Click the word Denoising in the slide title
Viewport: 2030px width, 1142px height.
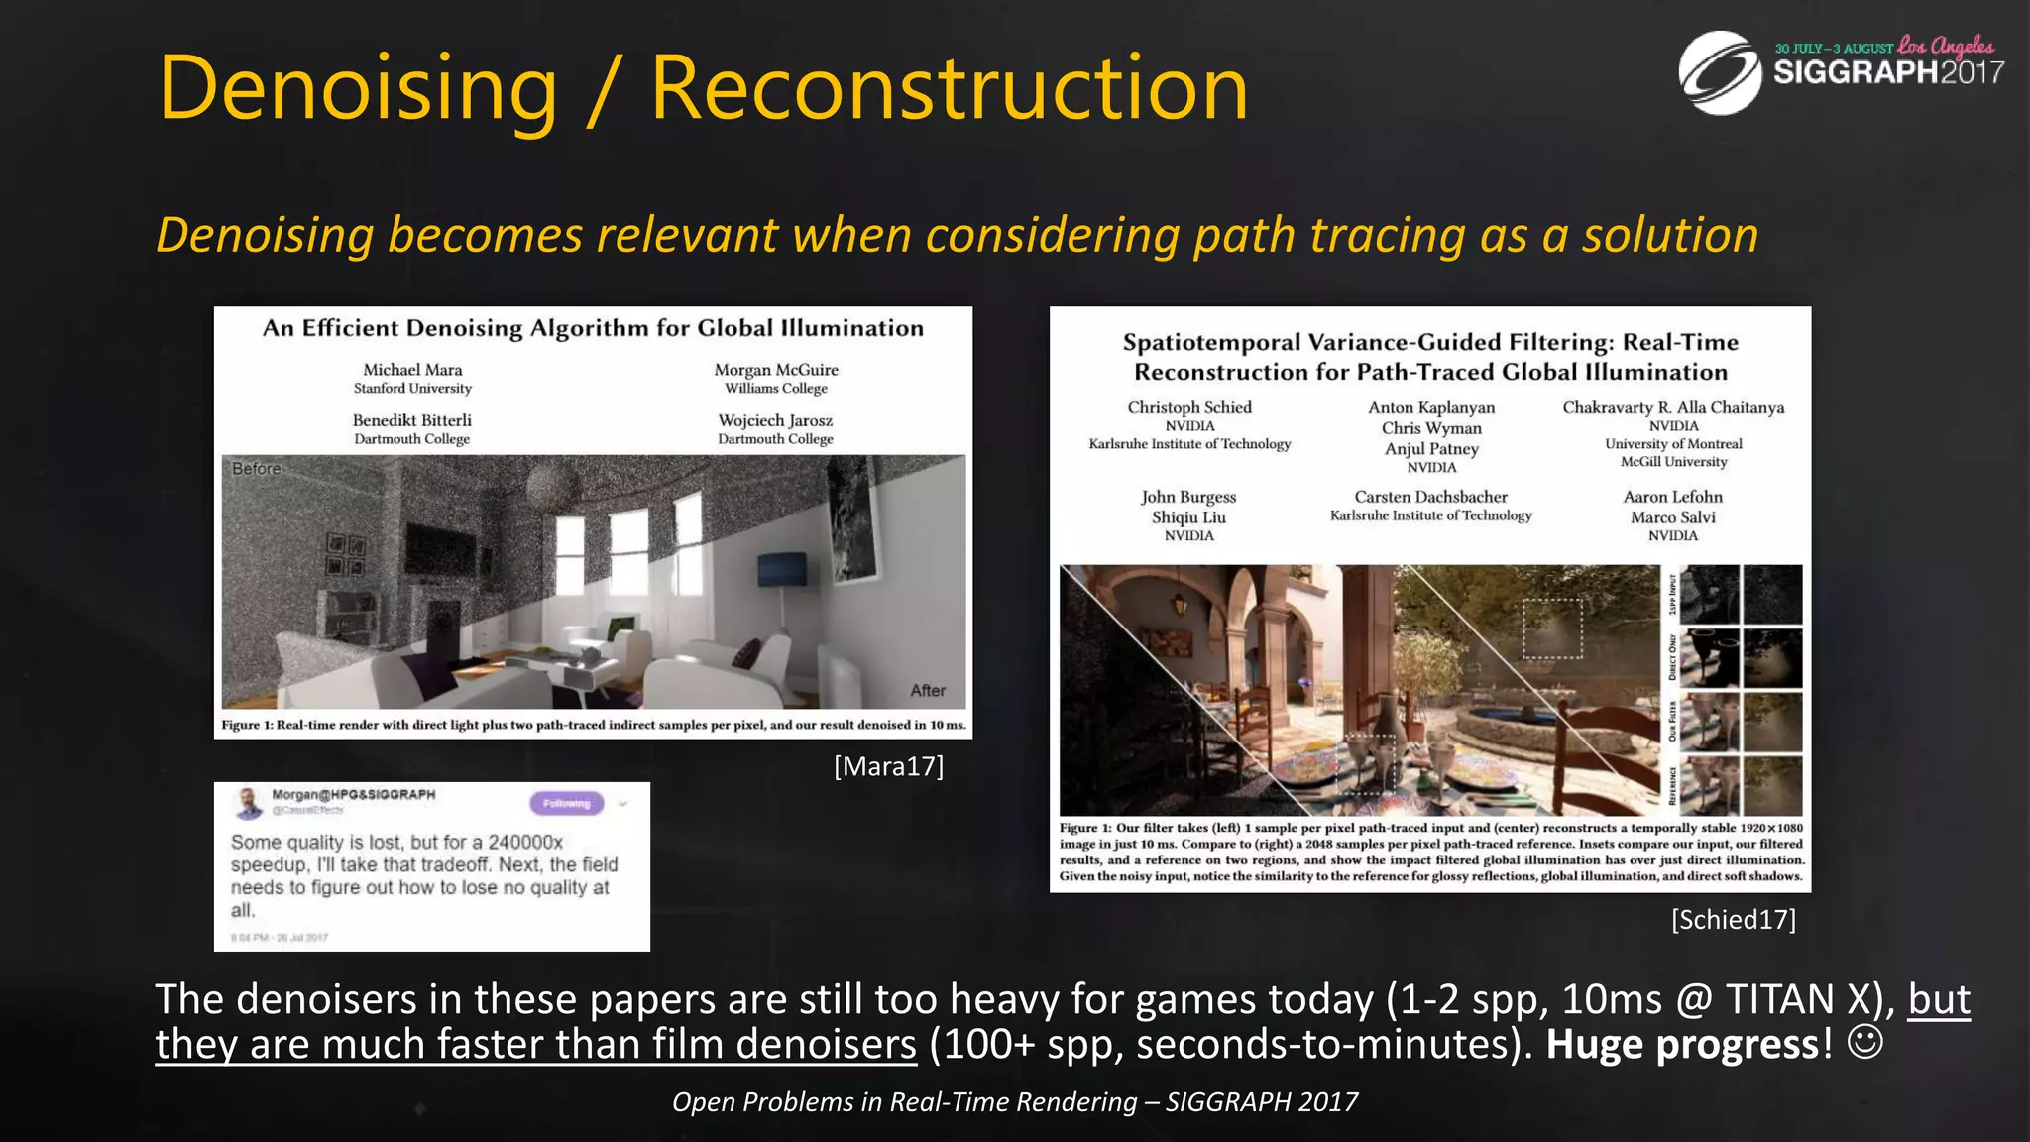[x=358, y=89]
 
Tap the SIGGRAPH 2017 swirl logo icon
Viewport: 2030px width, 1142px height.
[x=1719, y=73]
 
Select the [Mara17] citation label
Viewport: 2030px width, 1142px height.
[x=888, y=766]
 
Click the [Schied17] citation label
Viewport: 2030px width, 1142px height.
[x=1733, y=920]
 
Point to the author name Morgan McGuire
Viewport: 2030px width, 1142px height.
[x=776, y=370]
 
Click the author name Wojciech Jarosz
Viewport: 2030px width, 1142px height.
[x=775, y=420]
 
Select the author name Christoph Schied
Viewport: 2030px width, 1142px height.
[x=1189, y=407]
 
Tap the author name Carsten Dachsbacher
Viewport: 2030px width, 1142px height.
[x=1430, y=497]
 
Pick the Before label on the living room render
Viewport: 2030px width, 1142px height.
[x=257, y=469]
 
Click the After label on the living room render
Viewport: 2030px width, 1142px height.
[x=928, y=691]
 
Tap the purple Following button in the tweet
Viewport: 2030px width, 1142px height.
[x=566, y=803]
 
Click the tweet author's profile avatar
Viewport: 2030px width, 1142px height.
[x=248, y=802]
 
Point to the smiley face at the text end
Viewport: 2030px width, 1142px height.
[x=1865, y=1043]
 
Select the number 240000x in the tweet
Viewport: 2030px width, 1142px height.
[x=525, y=843]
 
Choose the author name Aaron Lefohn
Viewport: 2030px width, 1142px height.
[x=1672, y=497]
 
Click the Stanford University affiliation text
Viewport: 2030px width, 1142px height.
[x=412, y=389]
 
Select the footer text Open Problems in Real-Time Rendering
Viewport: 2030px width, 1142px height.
[x=904, y=1102]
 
